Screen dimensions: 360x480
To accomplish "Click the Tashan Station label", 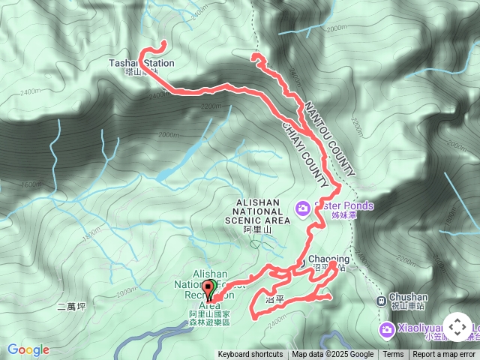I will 142,64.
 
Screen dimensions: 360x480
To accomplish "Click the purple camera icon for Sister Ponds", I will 302,207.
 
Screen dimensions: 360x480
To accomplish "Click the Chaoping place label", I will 328,259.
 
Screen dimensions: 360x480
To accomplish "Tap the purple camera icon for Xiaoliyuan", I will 386,328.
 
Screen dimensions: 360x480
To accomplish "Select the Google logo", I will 28,349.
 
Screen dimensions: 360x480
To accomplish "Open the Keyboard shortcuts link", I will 250,355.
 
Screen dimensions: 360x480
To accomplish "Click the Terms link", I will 393,355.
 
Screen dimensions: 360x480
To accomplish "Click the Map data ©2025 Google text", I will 332,355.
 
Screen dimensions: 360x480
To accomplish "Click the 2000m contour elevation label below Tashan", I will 211,106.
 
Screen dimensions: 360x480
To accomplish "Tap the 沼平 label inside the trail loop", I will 275,298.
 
